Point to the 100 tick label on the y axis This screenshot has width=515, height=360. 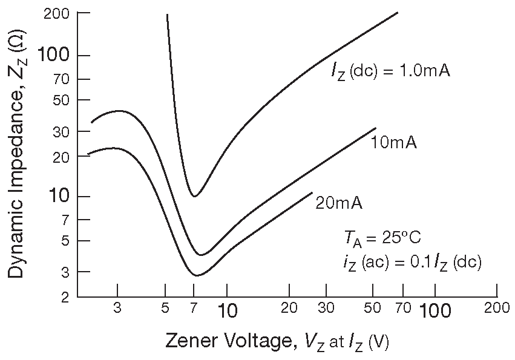55,56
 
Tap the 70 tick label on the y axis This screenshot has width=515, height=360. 64,79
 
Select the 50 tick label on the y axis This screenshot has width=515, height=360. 63,99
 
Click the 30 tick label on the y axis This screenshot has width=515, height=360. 63,131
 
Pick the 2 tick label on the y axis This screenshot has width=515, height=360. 67,297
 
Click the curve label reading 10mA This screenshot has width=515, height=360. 393,143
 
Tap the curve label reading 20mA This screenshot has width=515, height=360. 339,203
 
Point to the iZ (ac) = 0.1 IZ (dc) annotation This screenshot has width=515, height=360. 411,263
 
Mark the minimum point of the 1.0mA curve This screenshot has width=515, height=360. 194,196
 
